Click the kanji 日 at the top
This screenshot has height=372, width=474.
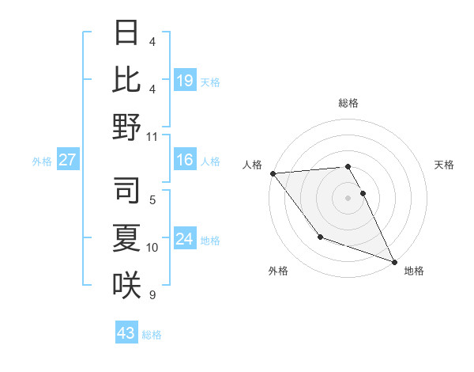tap(126, 33)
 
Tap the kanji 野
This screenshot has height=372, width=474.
tap(126, 127)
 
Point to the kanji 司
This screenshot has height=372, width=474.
tap(126, 190)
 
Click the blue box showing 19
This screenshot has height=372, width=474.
tap(185, 80)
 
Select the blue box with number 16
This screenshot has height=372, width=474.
tap(185, 161)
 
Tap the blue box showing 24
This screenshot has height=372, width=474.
tap(185, 240)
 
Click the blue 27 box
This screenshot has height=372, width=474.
tap(68, 161)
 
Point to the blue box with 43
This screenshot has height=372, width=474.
tap(126, 333)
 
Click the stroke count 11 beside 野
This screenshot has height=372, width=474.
tap(152, 136)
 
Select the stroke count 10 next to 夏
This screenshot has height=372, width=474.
tap(152, 248)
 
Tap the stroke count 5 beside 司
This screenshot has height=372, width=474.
tap(152, 200)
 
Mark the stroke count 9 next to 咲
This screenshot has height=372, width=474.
tap(152, 295)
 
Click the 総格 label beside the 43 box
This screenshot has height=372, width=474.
tap(152, 335)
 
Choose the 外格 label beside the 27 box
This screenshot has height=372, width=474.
tap(42, 161)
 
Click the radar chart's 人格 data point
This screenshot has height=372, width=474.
tap(273, 173)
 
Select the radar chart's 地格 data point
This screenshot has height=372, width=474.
tap(394, 260)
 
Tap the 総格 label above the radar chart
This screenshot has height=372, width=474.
tap(348, 104)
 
